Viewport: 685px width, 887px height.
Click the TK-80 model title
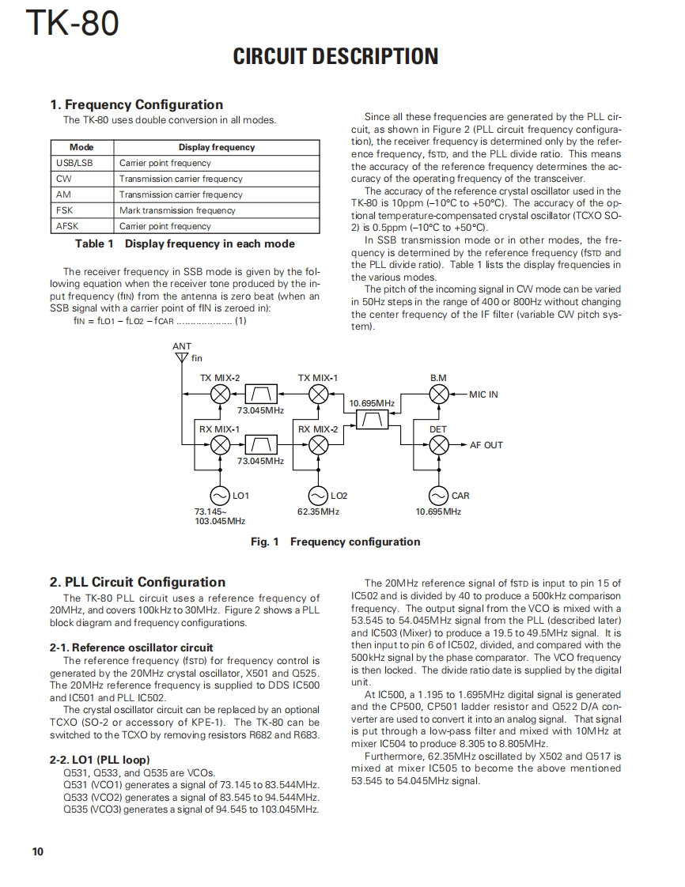coord(73,24)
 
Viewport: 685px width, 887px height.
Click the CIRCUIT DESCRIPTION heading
coord(335,57)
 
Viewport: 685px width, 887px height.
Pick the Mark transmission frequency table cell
coord(177,210)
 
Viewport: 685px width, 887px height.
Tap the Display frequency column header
coord(217,147)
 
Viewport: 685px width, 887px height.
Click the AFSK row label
coord(67,226)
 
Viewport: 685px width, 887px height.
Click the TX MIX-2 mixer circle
coord(221,394)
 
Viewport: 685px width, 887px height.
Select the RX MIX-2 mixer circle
coord(318,445)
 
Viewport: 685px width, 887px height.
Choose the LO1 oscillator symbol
coord(220,496)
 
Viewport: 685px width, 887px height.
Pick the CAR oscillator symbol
coord(438,496)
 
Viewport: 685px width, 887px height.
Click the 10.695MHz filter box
coord(372,420)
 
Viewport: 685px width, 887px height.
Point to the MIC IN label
coord(483,394)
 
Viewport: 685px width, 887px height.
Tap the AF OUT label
coord(486,445)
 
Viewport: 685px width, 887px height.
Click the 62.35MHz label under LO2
coord(318,511)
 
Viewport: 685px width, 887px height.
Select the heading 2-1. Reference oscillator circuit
coord(131,647)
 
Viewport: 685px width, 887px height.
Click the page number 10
coord(38,851)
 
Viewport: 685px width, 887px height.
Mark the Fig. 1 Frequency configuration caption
coord(335,542)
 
